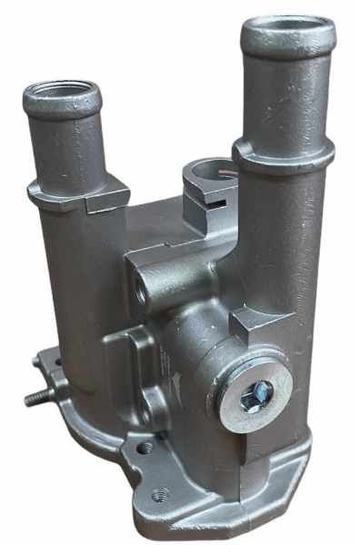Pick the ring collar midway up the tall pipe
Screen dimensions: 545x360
click(283, 153)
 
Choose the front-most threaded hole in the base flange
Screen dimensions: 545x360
click(160, 494)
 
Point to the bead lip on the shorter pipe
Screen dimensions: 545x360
click(60, 107)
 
